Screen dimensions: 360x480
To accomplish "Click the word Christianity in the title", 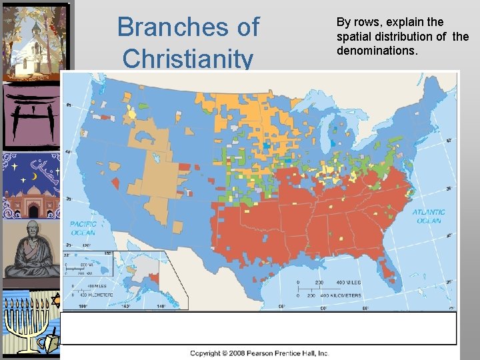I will [x=188, y=59].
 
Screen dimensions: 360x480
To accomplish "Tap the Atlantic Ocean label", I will [x=429, y=217].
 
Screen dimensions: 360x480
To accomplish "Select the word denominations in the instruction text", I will [x=378, y=50].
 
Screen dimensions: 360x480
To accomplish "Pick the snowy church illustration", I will [x=35, y=41].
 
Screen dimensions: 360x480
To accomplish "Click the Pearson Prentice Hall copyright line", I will [x=259, y=353].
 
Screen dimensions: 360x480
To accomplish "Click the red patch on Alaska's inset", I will [x=155, y=277].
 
